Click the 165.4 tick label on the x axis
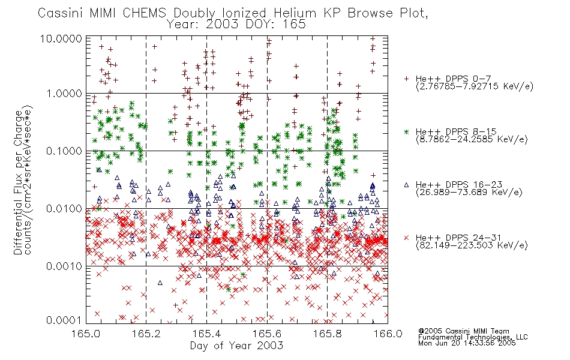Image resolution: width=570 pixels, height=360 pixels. (x=206, y=334)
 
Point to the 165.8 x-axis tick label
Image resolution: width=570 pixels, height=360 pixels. (x=327, y=334)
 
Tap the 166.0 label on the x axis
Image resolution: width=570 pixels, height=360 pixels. (x=388, y=334)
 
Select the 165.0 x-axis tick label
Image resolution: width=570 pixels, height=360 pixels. (x=86, y=334)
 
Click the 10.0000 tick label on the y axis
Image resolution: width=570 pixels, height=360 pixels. (x=61, y=38)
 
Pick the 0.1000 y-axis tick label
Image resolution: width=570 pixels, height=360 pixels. (x=64, y=151)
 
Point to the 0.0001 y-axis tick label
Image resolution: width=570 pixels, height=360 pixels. (x=64, y=320)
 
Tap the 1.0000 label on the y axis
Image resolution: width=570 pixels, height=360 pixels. (x=64, y=94)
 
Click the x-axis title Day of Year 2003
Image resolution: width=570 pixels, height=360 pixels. (x=236, y=346)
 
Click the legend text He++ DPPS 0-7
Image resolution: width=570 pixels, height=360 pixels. (x=454, y=79)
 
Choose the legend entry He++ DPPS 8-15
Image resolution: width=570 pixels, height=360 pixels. (x=456, y=131)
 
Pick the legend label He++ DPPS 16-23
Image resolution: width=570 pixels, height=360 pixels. (x=459, y=185)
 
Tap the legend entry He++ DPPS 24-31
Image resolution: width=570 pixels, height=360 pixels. (x=459, y=238)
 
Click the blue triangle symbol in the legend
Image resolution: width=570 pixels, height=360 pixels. (x=406, y=185)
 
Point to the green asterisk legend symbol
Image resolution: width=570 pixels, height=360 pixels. (x=406, y=132)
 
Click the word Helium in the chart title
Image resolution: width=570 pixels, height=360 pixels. (x=295, y=13)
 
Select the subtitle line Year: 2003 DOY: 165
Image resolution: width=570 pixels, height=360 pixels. (x=236, y=25)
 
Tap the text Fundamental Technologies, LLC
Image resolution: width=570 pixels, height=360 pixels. (x=473, y=337)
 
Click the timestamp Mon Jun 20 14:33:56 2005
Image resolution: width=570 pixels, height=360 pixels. (x=467, y=343)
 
